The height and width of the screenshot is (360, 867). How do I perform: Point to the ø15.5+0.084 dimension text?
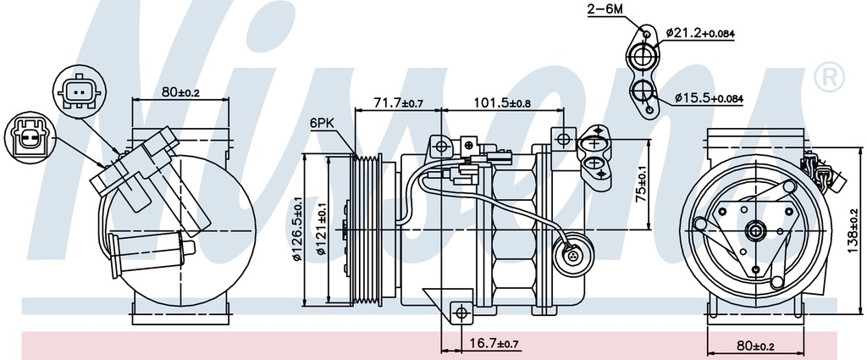tap(710, 99)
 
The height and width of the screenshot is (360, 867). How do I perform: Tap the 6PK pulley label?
tap(322, 123)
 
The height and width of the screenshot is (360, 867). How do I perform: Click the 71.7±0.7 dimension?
tap(398, 103)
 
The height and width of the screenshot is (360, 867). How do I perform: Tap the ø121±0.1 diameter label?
tap(322, 230)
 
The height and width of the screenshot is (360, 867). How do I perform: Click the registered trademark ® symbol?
tap(829, 79)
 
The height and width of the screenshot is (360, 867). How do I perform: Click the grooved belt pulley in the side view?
tap(367, 229)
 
